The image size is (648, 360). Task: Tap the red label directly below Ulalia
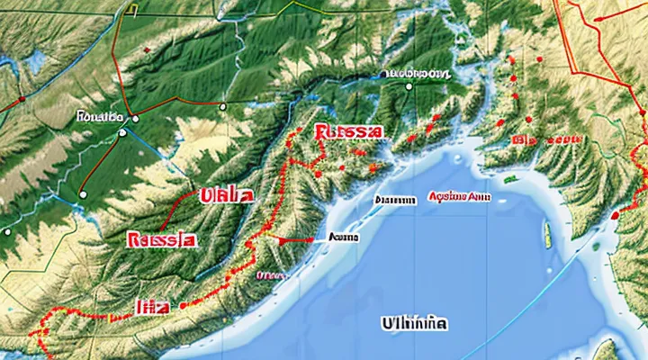[x=162, y=241]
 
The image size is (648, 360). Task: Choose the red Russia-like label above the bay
[x=349, y=132]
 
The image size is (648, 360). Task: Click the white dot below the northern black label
[x=409, y=86]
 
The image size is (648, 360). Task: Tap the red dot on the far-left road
[x=83, y=193]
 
